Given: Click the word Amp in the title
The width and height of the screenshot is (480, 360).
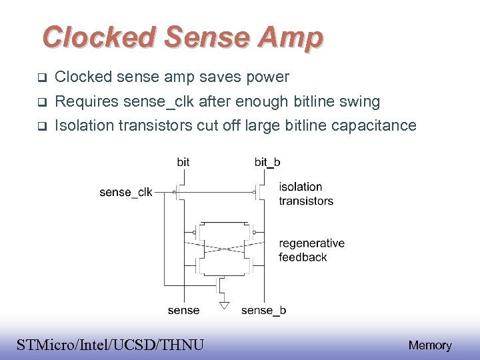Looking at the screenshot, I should [x=291, y=37].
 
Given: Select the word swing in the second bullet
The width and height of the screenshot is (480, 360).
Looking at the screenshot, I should [x=359, y=102].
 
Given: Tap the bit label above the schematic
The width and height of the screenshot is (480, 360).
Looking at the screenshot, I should [x=183, y=162].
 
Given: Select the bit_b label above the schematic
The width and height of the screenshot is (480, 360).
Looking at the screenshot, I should [x=267, y=162].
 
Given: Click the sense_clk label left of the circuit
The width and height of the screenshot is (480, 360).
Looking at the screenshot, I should [x=125, y=193].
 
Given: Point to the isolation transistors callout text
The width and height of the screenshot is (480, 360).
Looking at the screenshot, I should [x=305, y=193].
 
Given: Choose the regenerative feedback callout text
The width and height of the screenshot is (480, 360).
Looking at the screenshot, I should [x=311, y=250].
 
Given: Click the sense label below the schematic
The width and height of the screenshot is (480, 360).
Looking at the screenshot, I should [x=183, y=310].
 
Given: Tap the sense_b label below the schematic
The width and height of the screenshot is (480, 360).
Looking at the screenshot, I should [x=263, y=310].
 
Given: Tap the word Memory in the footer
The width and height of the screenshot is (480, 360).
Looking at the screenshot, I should [x=429, y=345].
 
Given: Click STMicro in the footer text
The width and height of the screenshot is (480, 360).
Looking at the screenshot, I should [x=44, y=345].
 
